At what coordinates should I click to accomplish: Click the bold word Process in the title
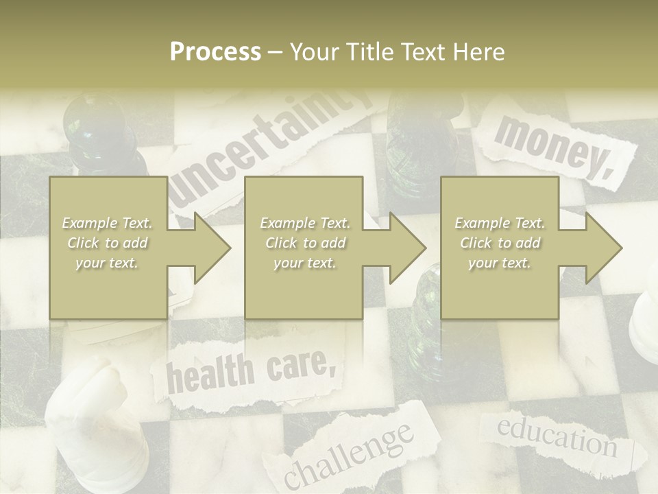pyautogui.click(x=215, y=52)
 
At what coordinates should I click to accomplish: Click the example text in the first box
pyautogui.click(x=107, y=243)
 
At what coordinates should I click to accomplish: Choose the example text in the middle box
pyautogui.click(x=305, y=243)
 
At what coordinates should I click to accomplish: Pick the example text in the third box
pyautogui.click(x=500, y=243)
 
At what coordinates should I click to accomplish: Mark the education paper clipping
pyautogui.click(x=557, y=435)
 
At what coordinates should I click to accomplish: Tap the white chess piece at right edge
pyautogui.click(x=646, y=322)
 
